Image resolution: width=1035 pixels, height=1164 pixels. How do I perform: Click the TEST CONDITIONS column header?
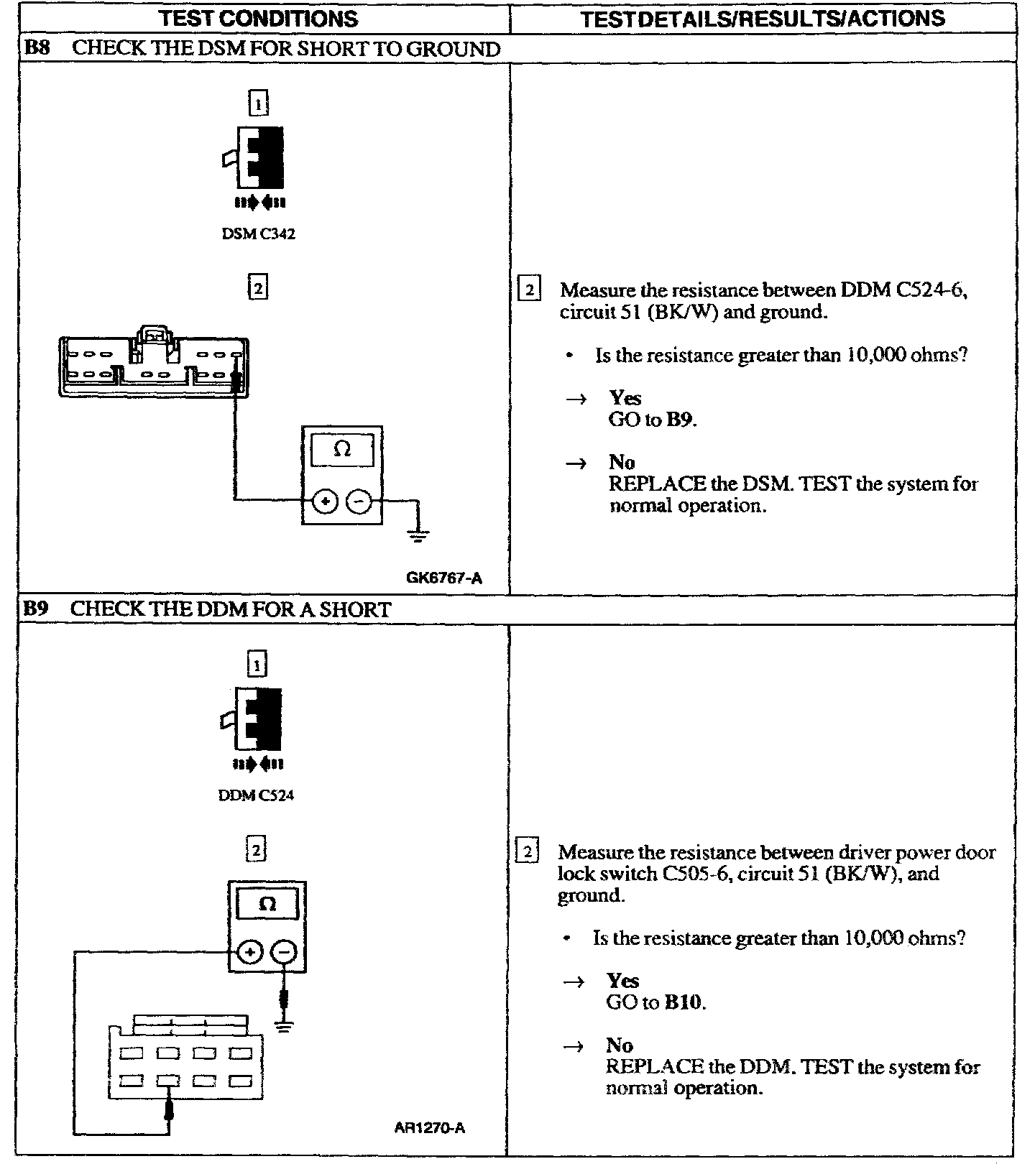tap(258, 19)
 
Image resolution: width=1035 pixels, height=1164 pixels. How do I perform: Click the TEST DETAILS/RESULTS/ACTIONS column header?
tap(762, 19)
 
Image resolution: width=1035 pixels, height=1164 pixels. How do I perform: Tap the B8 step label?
tap(36, 49)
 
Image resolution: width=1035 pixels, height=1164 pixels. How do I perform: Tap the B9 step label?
tap(35, 609)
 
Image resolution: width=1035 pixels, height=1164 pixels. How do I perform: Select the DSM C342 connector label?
tap(258, 234)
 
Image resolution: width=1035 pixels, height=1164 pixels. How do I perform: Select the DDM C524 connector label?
tap(256, 795)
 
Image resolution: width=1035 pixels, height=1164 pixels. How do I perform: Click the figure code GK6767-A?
tap(444, 578)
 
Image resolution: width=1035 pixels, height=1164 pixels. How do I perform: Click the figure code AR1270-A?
tap(430, 1128)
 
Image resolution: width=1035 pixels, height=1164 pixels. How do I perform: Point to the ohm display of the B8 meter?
tap(342, 451)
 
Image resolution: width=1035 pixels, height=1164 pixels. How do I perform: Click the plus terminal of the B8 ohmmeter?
tap(325, 501)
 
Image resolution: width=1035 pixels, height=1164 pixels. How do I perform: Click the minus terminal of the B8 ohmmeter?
tap(359, 501)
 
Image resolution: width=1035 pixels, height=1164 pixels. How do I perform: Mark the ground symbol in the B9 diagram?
tap(285, 1026)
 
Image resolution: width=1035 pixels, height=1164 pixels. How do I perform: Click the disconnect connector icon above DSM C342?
tap(257, 158)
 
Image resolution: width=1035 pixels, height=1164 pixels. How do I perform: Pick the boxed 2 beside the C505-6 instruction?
tap(528, 852)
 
